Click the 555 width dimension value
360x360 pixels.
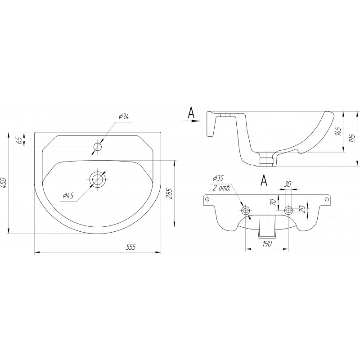[131, 247]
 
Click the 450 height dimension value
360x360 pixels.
[4, 183]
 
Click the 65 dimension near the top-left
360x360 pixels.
[20, 140]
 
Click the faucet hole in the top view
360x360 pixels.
[98, 147]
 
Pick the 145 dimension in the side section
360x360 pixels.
[338, 131]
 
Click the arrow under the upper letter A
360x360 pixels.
[190, 120]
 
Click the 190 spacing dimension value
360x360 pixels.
[266, 243]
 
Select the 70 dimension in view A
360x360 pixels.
[273, 202]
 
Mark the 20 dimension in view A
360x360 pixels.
[302, 209]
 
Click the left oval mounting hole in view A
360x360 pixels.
[245, 210]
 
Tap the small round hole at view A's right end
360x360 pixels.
[327, 199]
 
